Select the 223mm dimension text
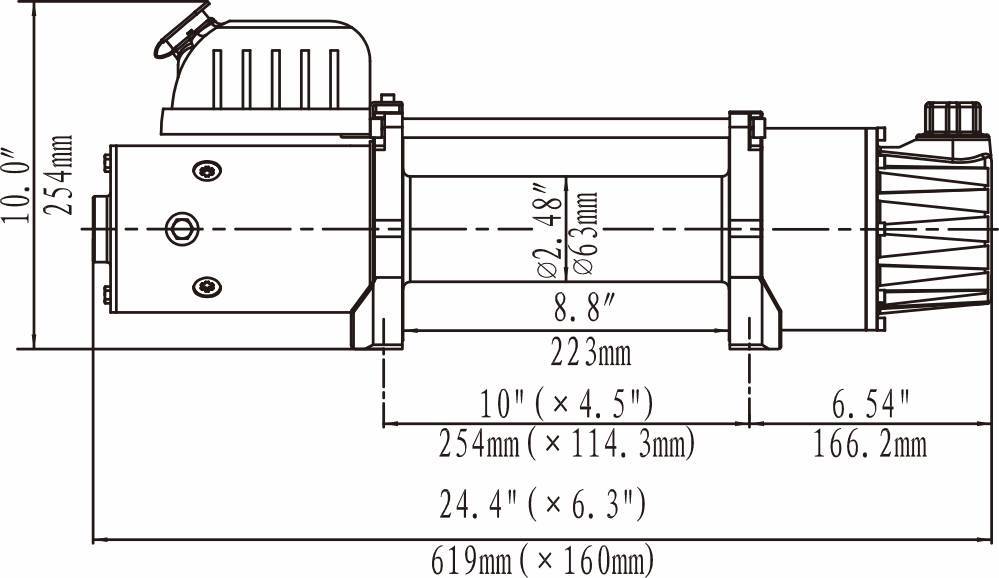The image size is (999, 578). [x=591, y=352]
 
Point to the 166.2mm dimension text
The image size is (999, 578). [x=870, y=444]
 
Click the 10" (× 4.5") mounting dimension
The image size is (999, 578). [x=566, y=403]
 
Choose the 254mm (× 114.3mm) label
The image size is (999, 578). [x=566, y=444]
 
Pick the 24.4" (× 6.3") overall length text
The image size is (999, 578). [x=542, y=504]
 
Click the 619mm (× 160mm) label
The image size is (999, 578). [x=542, y=561]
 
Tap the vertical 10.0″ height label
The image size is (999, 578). [x=16, y=185]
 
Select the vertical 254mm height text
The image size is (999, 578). [x=59, y=175]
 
